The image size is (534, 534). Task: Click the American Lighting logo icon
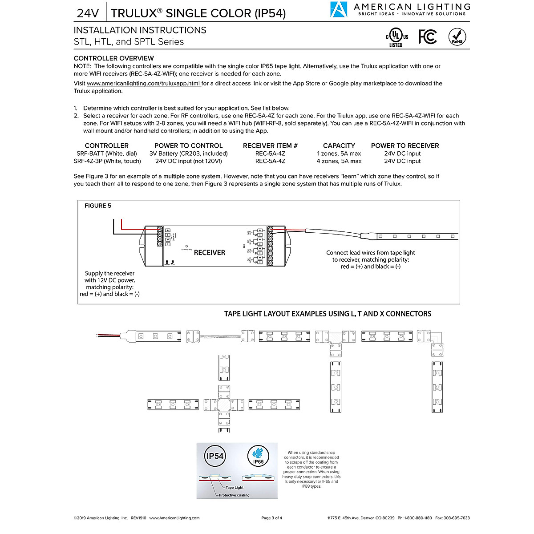click(339, 9)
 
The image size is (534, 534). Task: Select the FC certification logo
click(428, 36)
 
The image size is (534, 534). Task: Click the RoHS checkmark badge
click(457, 36)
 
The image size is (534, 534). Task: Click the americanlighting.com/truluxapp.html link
click(144, 83)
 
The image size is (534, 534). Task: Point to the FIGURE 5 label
click(98, 206)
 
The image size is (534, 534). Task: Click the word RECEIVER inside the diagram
click(209, 252)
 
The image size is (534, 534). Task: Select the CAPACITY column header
click(339, 146)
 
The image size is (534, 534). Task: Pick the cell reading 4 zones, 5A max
click(339, 161)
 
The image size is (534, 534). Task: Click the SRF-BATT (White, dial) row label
click(106, 154)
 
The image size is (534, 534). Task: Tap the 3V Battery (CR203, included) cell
click(188, 154)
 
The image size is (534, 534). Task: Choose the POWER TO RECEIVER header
click(405, 146)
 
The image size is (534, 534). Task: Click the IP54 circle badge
click(215, 456)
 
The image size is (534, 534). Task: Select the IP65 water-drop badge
click(258, 456)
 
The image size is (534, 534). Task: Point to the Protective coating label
click(234, 495)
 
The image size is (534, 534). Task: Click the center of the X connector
click(224, 405)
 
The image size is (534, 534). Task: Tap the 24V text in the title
click(88, 13)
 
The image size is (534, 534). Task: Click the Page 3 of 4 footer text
click(271, 518)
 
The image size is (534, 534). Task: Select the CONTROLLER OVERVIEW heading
click(114, 58)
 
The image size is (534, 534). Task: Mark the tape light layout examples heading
click(328, 314)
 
